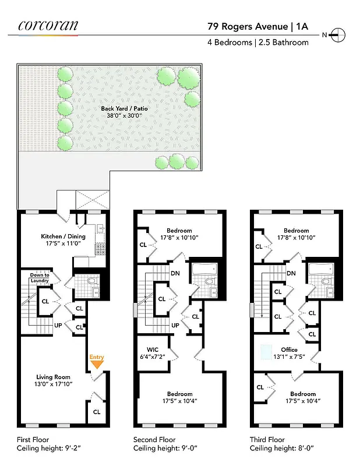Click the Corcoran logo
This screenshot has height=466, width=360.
coord(48,25)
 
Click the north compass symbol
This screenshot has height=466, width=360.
coord(338,35)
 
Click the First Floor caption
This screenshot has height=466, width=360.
coord(33,440)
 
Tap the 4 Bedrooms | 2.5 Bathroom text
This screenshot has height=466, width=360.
coord(258,43)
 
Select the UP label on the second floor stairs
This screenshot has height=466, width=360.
coord(175,325)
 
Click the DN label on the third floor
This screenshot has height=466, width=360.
coord(291,273)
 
